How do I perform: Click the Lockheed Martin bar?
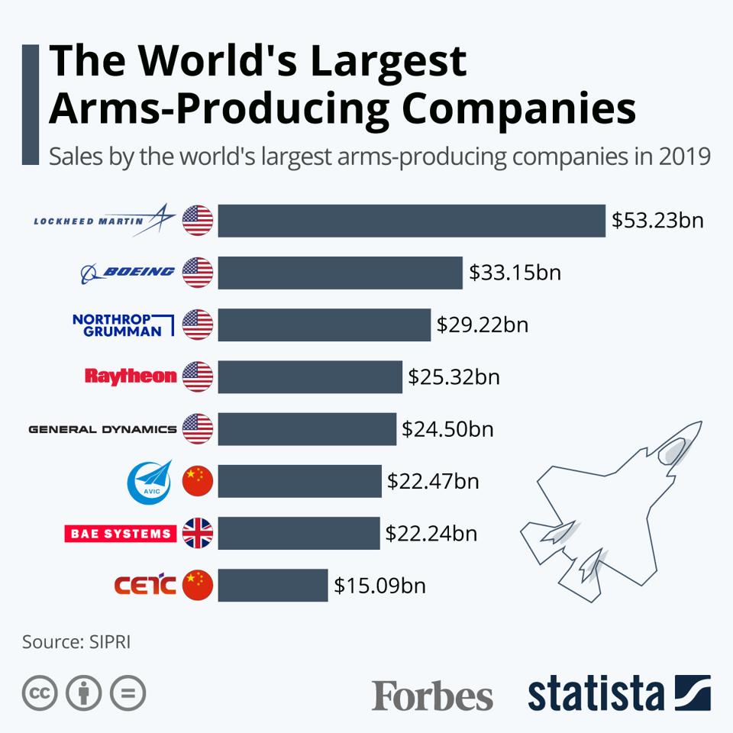[411, 221]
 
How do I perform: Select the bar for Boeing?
[340, 273]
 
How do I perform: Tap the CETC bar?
[273, 586]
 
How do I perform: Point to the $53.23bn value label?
[657, 221]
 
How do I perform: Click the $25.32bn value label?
[454, 377]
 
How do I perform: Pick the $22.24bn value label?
[431, 533]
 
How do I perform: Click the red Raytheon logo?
[131, 376]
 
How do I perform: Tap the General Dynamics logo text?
[102, 429]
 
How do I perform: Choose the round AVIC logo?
[144, 481]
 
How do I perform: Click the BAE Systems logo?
[120, 533]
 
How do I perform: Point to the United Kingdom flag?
[198, 533]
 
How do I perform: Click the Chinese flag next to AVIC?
[198, 481]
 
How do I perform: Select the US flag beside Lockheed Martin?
[198, 221]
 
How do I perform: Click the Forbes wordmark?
[432, 694]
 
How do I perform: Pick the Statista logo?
[618, 693]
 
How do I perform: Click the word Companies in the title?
[519, 109]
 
